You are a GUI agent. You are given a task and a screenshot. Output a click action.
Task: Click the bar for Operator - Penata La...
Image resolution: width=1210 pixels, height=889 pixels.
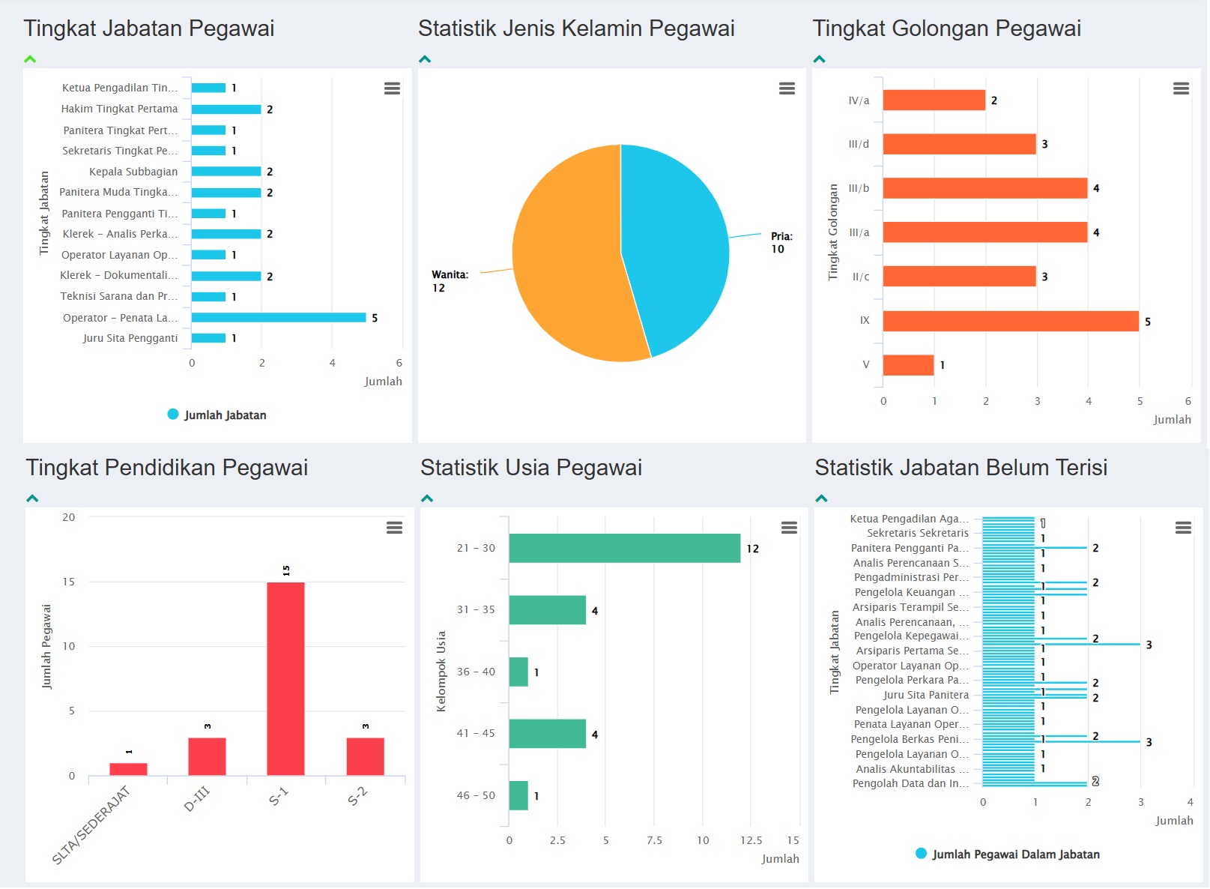278,318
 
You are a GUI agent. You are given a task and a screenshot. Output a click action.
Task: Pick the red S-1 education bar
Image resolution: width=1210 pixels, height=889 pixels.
285,678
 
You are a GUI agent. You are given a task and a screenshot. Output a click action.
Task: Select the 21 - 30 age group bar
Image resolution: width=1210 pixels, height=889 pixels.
624,548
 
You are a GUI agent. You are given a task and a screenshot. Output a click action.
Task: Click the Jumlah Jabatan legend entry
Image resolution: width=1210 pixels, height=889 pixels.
217,415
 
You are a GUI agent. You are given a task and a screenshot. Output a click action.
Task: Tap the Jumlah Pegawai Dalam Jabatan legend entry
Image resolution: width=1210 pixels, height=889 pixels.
1007,854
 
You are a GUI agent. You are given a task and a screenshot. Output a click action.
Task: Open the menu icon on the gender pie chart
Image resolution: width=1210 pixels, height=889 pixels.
787,88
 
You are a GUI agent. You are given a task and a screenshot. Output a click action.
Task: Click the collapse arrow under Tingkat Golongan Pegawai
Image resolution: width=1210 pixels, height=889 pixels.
820,59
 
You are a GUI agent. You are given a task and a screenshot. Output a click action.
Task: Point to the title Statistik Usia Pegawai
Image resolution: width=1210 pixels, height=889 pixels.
530,468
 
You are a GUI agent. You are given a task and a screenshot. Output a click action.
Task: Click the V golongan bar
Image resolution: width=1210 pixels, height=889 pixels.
908,365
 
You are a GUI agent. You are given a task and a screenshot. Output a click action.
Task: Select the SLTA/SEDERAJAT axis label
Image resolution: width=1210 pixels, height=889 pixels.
91,825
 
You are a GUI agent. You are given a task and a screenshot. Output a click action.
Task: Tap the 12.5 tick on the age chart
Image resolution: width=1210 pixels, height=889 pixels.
751,840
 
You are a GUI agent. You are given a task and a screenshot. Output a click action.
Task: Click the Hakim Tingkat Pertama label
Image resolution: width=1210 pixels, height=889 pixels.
120,109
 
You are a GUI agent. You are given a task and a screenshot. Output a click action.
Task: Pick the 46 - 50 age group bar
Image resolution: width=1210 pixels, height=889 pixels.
518,795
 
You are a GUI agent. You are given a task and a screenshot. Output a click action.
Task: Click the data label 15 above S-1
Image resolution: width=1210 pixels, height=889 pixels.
286,570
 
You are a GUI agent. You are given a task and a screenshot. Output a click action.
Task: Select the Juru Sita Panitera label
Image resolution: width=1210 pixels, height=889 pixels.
926,695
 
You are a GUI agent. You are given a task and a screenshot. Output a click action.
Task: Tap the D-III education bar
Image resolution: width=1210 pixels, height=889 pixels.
207,756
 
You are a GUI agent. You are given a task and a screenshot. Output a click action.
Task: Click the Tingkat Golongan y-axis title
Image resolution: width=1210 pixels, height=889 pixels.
833,232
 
